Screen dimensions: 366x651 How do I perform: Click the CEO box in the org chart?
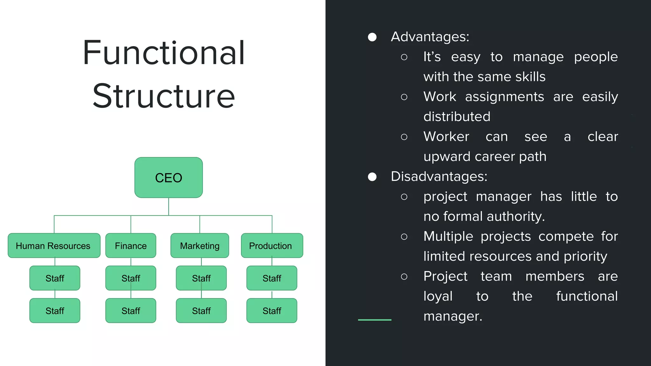tap(168, 178)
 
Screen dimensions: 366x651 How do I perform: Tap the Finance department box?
tap(131, 246)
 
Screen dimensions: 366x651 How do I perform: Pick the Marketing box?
tap(200, 246)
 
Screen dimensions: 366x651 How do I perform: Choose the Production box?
tap(272, 246)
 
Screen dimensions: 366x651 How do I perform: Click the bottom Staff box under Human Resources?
tap(55, 311)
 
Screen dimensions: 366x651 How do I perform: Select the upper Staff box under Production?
tap(272, 278)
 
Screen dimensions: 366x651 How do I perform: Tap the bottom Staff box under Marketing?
tap(201, 311)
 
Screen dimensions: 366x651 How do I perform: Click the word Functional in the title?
tap(164, 53)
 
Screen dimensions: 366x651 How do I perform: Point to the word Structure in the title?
tap(164, 96)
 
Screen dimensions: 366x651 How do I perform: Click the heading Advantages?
tap(430, 37)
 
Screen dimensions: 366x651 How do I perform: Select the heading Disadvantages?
tap(439, 177)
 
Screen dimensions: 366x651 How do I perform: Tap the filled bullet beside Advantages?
tap(372, 37)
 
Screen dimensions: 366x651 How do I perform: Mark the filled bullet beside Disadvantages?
tap(372, 177)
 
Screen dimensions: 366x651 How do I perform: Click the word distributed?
tap(457, 117)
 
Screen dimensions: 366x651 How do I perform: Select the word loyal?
tap(438, 296)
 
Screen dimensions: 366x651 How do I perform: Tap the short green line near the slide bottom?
tap(374, 320)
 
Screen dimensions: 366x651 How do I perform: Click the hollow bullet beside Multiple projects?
tap(404, 237)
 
